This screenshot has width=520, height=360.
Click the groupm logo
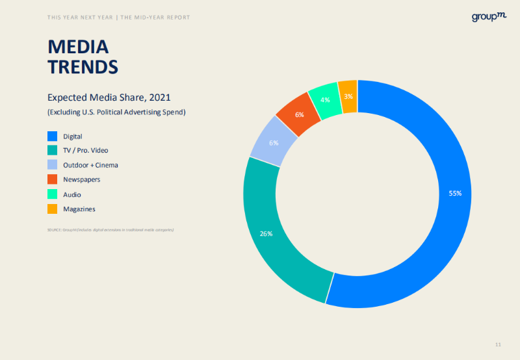point(489,17)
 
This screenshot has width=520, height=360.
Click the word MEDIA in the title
point(78,47)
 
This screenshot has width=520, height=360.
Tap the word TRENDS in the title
point(83,66)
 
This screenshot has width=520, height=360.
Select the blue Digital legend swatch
point(53,136)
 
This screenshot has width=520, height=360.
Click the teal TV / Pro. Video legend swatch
point(53,151)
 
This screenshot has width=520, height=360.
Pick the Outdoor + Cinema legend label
point(90,165)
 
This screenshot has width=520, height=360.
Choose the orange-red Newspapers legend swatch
point(53,179)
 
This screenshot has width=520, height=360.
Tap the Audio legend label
point(72,194)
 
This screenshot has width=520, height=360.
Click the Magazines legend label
point(79,209)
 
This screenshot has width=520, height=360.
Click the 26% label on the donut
point(266,233)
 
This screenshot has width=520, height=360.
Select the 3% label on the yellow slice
point(348,97)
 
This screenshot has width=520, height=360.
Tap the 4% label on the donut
point(325,100)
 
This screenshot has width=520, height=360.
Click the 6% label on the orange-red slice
point(300,114)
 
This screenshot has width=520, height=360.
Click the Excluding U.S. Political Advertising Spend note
point(116,112)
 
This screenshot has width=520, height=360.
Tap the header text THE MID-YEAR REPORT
point(155,18)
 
